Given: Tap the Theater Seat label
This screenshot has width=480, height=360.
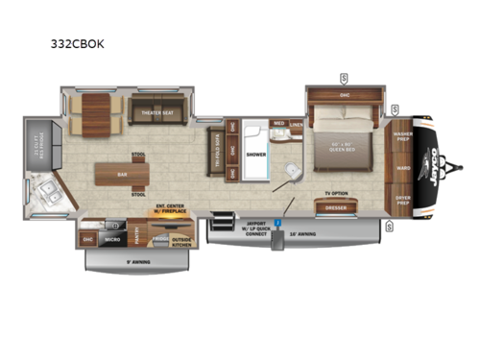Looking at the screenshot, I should click(x=156, y=111).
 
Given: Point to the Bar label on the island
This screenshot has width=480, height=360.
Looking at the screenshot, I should click(x=121, y=176).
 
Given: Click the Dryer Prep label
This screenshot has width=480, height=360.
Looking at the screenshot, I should click(x=401, y=201).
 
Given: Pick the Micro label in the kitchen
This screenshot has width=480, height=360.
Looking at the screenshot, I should click(x=112, y=239).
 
